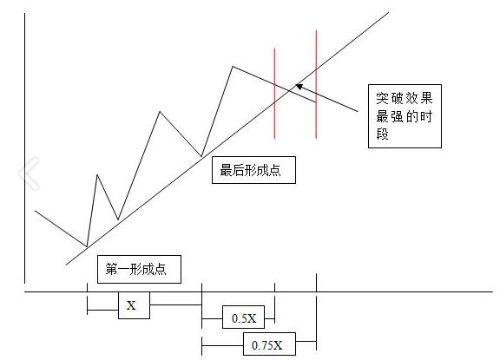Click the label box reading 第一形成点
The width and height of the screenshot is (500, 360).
coord(139,269)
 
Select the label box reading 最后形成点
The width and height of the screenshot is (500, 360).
coord(253,170)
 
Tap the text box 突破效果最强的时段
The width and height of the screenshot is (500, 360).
coord(405,116)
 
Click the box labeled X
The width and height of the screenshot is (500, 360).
coord(134,305)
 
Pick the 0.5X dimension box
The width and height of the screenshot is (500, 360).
coord(243,317)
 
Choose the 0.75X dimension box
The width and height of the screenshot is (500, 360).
coord(269,344)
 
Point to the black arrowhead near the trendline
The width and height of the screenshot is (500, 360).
coord(299,87)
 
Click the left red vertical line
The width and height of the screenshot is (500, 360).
coord(274,94)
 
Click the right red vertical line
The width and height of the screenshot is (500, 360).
coord(316,84)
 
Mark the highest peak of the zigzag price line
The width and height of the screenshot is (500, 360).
coord(233,66)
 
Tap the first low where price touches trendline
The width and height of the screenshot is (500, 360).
coord(87,246)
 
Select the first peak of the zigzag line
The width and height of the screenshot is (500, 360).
coord(97,174)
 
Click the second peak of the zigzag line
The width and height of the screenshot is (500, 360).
coord(160,112)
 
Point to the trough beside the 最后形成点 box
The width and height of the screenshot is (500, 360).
coord(201,156)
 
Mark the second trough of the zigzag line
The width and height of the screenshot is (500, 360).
coord(118,219)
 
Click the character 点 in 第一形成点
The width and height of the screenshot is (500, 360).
coord(161,270)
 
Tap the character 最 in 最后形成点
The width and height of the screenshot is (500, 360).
coord(226,170)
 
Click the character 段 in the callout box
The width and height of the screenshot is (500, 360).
coord(382,134)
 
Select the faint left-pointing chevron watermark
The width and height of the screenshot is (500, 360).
coord(30,173)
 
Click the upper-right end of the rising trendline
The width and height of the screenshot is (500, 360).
coord(389,12)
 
